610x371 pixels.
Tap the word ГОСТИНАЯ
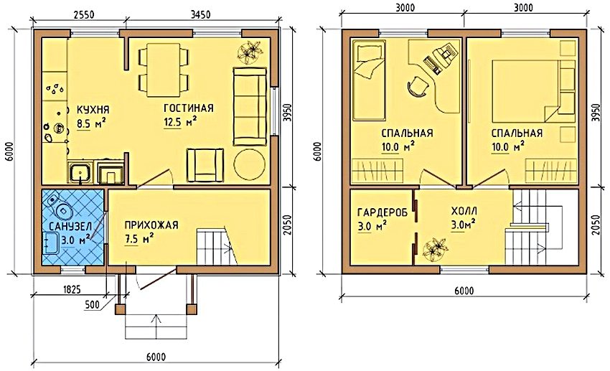[189, 109]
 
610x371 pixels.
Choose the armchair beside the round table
[205, 164]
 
